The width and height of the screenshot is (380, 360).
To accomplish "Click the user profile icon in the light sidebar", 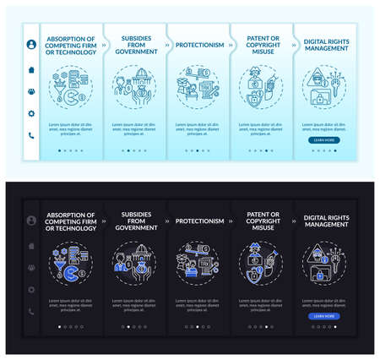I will (31, 45).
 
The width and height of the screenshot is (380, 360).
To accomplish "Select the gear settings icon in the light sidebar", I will (31, 113).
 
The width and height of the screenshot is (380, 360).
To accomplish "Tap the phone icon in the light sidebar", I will (31, 135).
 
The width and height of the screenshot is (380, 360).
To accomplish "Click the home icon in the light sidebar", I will (31, 69).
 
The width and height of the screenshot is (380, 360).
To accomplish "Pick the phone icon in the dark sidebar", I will (31, 312).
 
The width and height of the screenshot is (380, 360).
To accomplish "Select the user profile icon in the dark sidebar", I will (31, 221).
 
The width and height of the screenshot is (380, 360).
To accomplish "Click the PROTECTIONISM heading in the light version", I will (199, 45).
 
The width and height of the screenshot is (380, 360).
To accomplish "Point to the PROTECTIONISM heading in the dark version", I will (199, 221).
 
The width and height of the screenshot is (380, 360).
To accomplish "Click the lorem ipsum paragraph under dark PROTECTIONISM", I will (198, 305).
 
